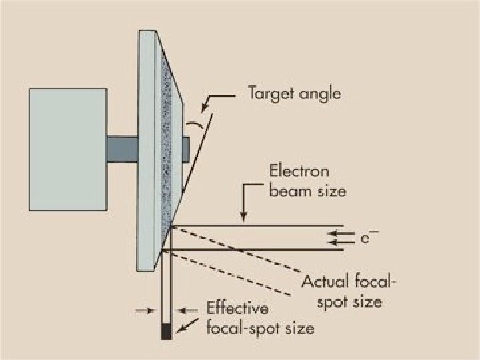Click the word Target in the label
click(x=269, y=93)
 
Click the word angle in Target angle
click(x=318, y=94)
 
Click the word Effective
click(x=237, y=309)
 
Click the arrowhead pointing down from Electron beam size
click(x=244, y=217)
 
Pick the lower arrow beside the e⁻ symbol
click(x=335, y=242)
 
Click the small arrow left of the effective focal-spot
click(x=148, y=311)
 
